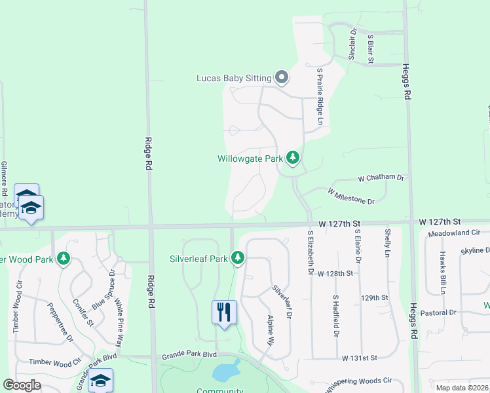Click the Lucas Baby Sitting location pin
click(x=282, y=79)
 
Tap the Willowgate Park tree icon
click(x=293, y=159)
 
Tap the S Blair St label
click(x=371, y=49)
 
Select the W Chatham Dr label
click(x=381, y=178)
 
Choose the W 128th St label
click(x=335, y=273)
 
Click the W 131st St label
click(x=359, y=358)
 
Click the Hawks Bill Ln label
click(x=443, y=272)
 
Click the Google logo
click(x=22, y=385)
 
